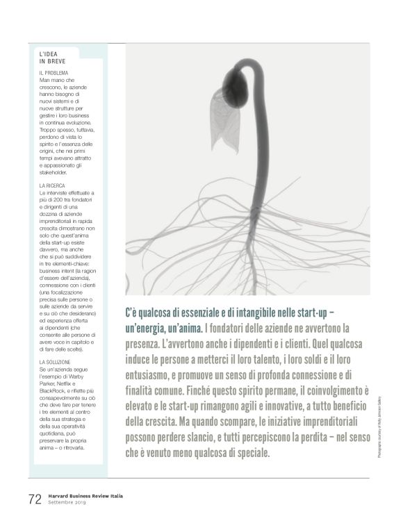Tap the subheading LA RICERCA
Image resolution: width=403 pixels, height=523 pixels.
[54, 185]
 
